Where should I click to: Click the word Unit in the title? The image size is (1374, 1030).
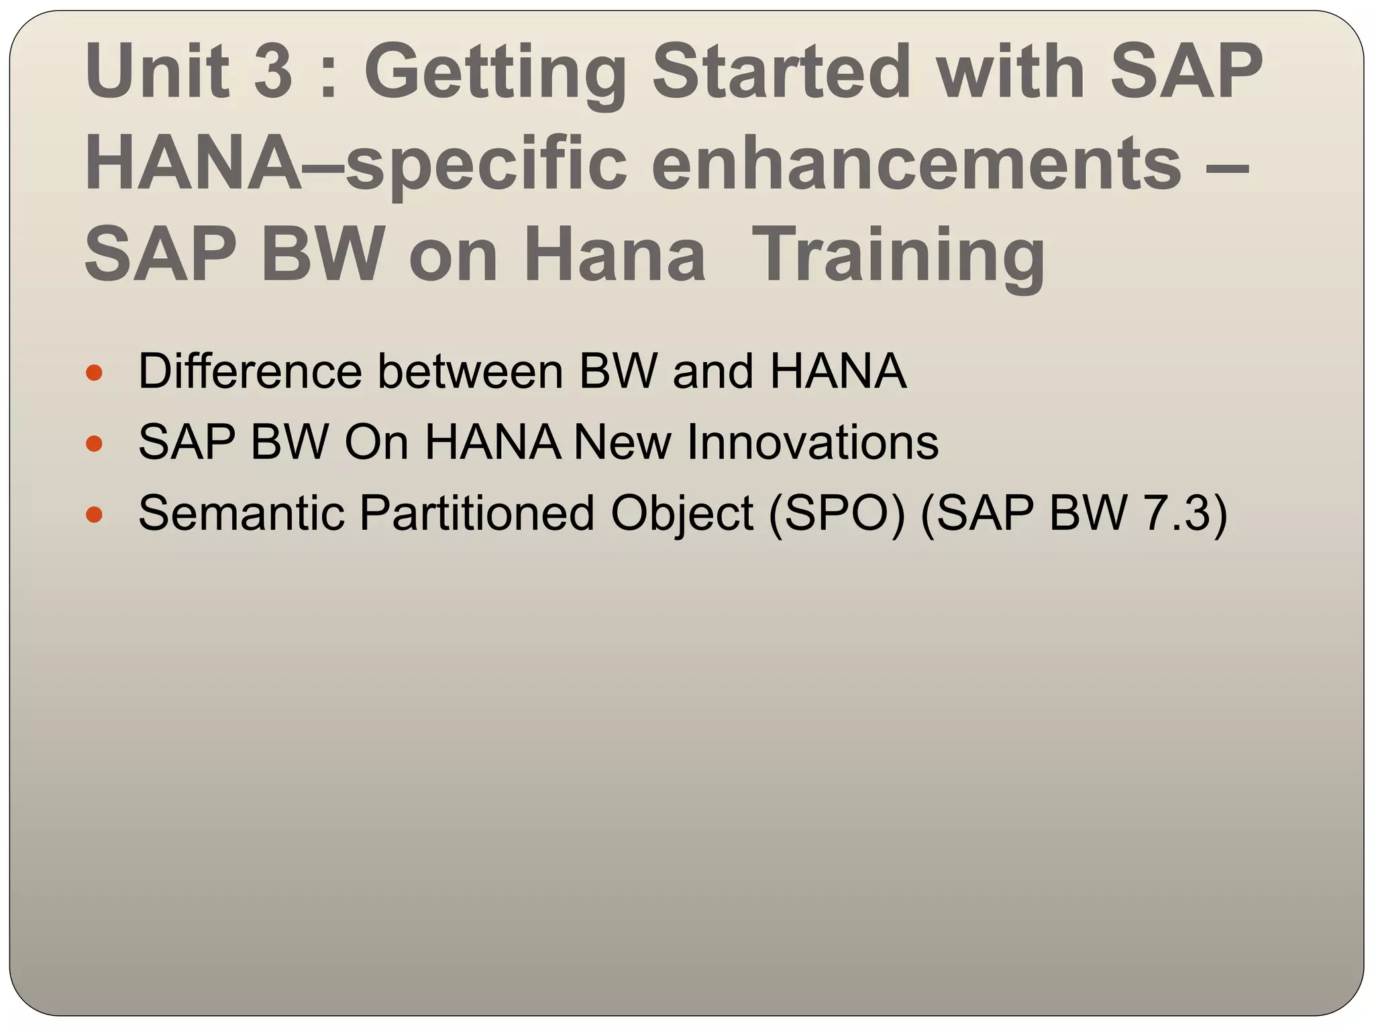[x=156, y=70]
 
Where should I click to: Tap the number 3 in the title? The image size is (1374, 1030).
[x=274, y=70]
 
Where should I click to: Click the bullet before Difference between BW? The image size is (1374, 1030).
[x=95, y=373]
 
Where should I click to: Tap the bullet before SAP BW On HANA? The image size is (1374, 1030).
[x=95, y=443]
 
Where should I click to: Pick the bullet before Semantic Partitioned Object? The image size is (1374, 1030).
[x=95, y=514]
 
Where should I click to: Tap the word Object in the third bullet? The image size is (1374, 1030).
[x=682, y=514]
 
